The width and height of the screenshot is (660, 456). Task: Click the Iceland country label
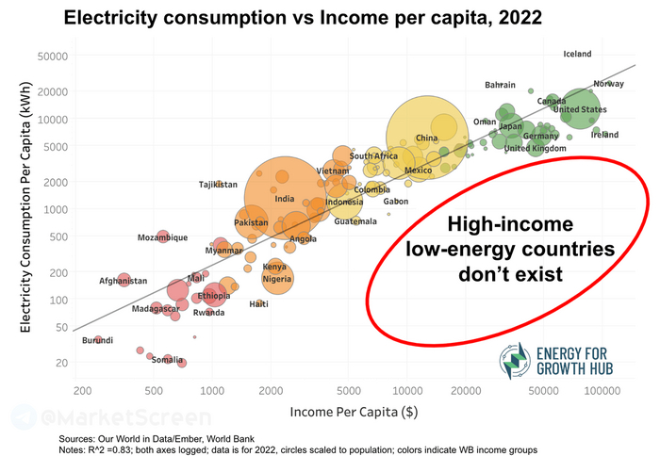[577, 55]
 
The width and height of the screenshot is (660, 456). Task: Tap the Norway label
[608, 84]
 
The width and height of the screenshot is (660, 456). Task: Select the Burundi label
[97, 340]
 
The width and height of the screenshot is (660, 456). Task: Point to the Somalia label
[167, 360]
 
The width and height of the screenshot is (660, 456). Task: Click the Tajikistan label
[218, 185]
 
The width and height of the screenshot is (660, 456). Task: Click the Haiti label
[258, 304]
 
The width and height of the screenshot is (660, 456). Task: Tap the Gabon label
[396, 202]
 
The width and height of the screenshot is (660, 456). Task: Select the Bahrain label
[500, 86]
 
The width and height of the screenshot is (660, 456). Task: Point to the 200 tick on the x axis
[83, 389]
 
